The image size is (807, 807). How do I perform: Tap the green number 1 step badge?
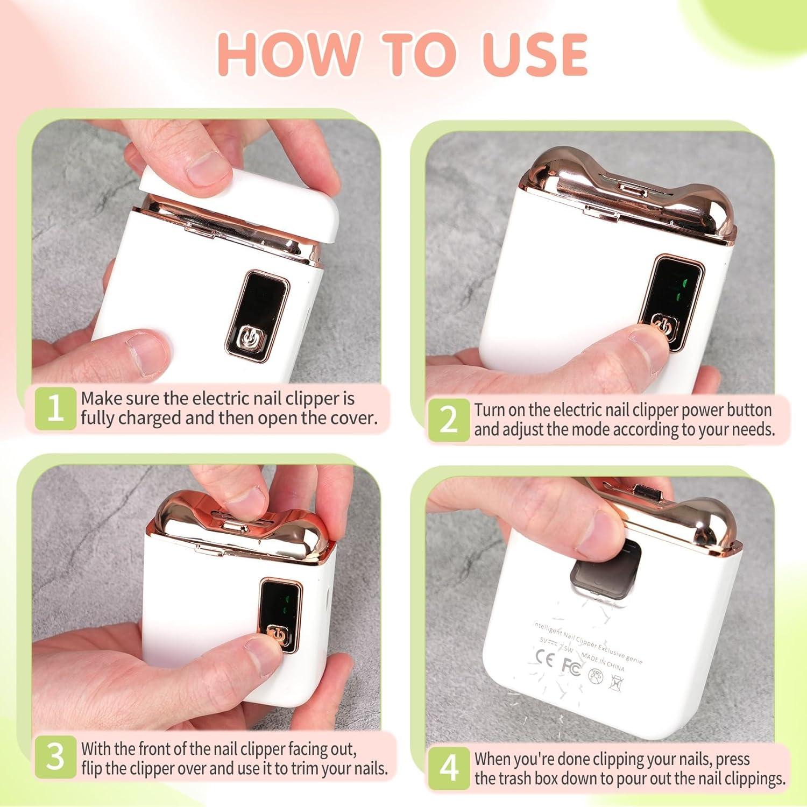55,409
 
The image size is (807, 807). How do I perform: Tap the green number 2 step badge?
448,420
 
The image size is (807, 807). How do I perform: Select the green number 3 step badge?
55,758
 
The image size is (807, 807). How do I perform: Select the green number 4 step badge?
448,768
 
